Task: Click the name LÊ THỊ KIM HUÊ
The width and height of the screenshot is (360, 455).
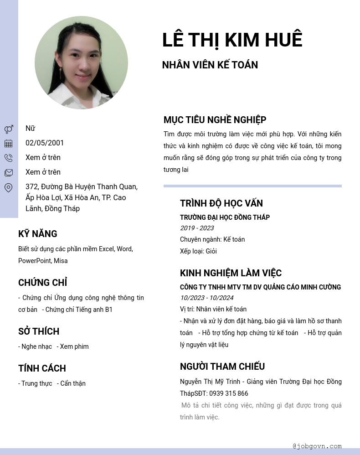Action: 232,40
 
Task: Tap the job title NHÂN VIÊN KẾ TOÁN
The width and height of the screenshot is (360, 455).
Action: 210,65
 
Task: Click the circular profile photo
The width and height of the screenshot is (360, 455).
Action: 81,63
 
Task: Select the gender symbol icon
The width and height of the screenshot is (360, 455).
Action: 8,129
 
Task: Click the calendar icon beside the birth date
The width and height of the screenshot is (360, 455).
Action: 8,144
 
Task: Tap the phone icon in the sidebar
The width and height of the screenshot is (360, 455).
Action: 8,158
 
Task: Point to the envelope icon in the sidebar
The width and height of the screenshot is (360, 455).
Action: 8,173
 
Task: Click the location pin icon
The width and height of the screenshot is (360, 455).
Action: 8,187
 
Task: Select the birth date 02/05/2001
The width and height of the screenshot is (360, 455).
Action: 45,143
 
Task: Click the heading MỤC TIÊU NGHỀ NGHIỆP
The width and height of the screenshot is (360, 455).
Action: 215,120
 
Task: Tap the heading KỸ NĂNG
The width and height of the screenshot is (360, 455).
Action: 38,234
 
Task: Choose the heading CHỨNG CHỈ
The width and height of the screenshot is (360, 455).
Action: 43,283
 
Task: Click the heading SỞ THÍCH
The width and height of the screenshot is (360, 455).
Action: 39,331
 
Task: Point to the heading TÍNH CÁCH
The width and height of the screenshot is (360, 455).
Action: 42,368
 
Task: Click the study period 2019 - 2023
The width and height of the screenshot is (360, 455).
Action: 197,228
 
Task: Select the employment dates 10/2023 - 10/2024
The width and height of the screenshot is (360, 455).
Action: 206,298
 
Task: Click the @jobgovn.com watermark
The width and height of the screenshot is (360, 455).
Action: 317,446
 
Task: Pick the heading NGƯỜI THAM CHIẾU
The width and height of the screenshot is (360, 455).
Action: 222,367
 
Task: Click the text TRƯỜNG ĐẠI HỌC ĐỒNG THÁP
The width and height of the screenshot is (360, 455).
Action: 225,217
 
